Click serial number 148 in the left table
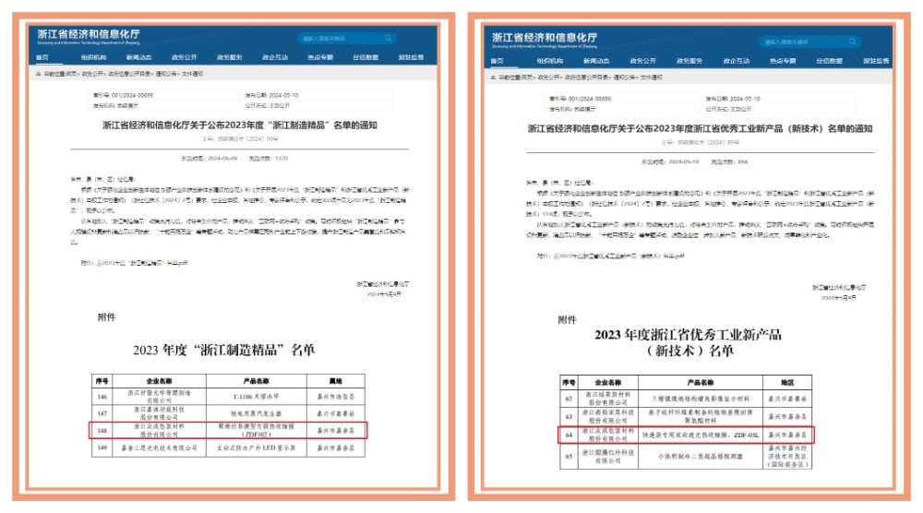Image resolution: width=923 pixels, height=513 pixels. [x=102, y=430]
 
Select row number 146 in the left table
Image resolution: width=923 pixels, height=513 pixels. [x=102, y=395]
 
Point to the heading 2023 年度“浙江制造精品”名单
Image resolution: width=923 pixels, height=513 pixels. [x=224, y=350]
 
